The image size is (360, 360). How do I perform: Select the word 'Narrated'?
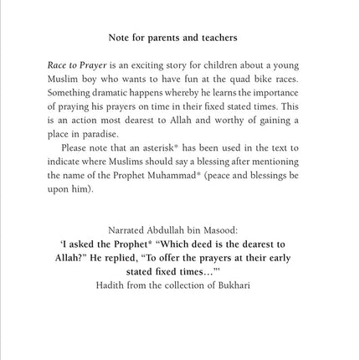(x=130, y=229)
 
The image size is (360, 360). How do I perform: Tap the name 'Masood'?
(x=234, y=229)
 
